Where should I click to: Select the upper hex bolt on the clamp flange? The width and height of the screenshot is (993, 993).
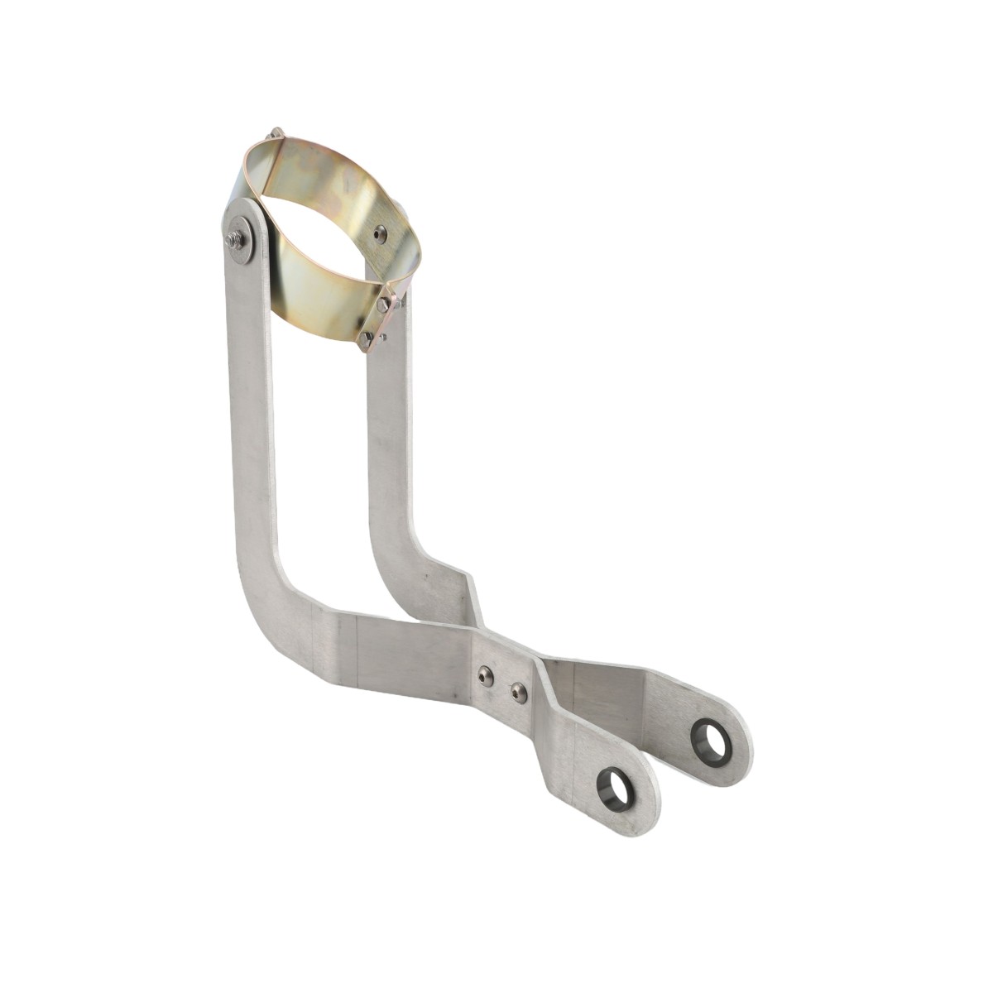[381, 305]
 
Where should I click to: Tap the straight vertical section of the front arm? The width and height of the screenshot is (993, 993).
[248, 414]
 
